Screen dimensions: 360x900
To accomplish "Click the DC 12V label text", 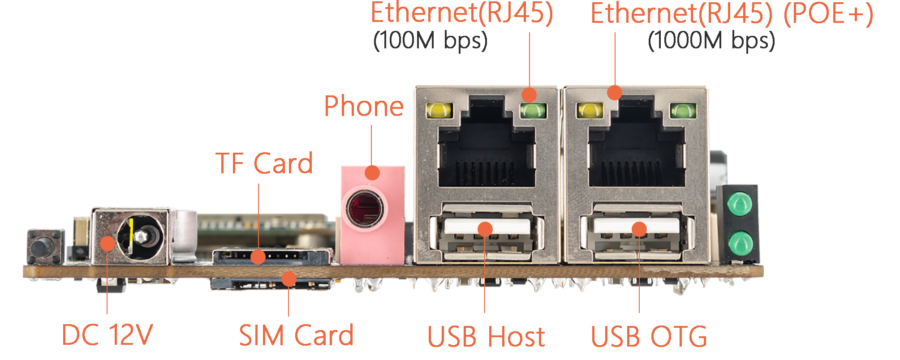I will pos(107,335).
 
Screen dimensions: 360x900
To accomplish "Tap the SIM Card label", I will pos(296,335).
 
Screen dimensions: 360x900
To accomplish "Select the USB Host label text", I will pos(486,336).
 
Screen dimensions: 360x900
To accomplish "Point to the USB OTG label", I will pos(649,336).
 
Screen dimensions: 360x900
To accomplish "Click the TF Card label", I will pos(264,163).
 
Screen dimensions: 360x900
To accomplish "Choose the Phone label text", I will pos(364,107).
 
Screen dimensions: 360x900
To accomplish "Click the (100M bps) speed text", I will pos(430,41).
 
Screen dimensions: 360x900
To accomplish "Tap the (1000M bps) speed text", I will pos(711,41).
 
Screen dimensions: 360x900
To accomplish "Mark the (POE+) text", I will pos(828,13).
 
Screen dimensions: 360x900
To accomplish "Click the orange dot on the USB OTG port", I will pos(639,229).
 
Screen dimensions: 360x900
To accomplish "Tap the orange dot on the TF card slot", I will pos(258,257).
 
